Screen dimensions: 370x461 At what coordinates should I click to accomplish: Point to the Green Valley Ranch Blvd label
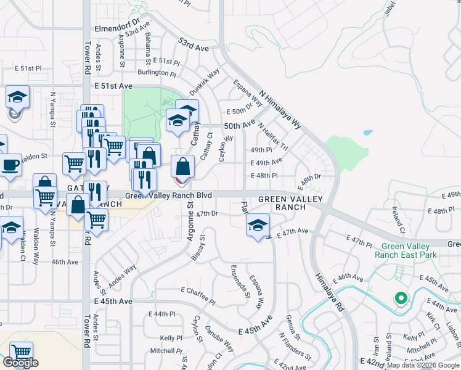tap(168, 195)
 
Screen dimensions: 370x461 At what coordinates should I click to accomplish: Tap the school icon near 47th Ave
tap(258, 225)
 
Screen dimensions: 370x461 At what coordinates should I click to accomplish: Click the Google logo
tap(20, 363)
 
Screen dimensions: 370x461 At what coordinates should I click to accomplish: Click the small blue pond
tap(367, 133)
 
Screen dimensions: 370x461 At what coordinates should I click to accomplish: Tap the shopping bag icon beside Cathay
tap(183, 166)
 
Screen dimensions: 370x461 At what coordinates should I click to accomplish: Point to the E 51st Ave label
tap(113, 86)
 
